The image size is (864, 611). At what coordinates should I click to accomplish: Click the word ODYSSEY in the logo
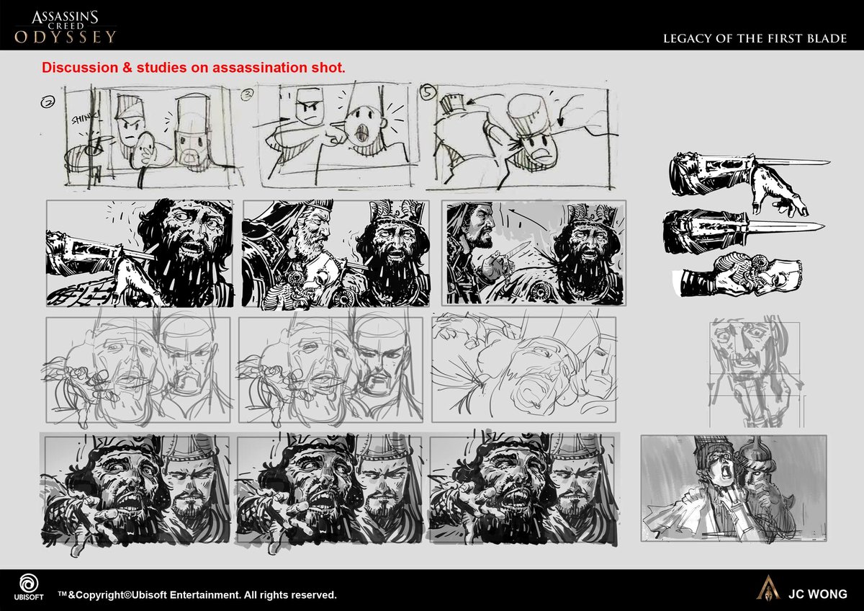pos(66,37)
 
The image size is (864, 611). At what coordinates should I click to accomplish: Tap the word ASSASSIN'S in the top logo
pos(65,17)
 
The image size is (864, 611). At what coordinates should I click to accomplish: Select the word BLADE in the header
pos(827,39)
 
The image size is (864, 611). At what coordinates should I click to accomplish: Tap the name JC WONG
pos(818,594)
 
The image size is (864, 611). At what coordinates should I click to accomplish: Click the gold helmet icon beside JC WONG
pos(768,587)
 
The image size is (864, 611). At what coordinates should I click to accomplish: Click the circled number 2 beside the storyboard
pos(48,102)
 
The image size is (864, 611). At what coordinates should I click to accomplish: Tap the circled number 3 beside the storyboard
pos(248,94)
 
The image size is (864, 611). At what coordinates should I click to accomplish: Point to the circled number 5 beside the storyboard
pos(428,93)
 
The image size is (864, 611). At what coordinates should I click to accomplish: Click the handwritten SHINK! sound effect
pos(86,118)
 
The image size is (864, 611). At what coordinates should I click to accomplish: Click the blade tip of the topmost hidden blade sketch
pos(829,164)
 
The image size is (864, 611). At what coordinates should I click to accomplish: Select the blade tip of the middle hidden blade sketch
pos(824,226)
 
